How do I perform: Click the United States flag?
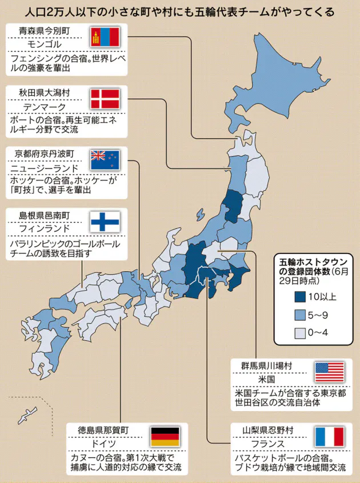click(x=330, y=372)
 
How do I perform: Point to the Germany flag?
click(x=165, y=437)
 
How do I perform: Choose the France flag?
click(x=330, y=437)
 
